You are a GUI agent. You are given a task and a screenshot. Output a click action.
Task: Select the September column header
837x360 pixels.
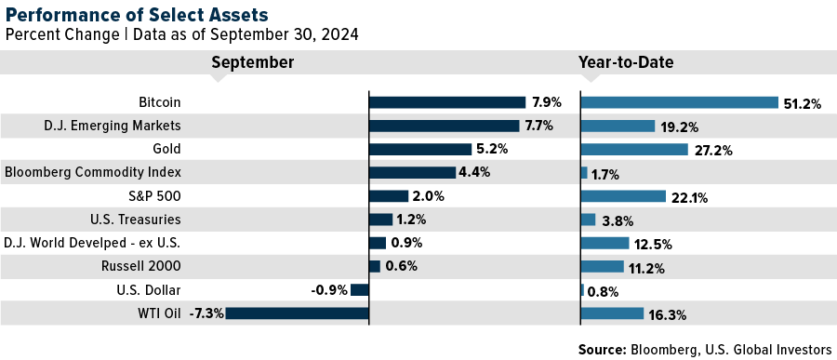coord(252,62)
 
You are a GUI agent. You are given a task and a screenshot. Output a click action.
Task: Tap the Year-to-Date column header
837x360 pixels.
coord(626,62)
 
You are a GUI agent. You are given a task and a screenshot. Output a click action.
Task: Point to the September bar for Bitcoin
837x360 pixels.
coord(447,102)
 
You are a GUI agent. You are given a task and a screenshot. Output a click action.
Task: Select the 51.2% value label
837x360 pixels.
coord(803,103)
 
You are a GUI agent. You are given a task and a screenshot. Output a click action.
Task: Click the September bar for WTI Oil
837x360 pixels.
coord(297,313)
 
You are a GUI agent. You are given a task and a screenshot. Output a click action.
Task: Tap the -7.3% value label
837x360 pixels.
coord(206,314)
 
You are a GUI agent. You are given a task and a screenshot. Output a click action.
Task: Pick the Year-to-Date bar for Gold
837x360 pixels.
coord(634,149)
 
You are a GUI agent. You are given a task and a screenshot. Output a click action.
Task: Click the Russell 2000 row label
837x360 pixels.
coord(144,266)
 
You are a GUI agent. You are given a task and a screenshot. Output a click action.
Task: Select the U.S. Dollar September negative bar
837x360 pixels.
coord(360,290)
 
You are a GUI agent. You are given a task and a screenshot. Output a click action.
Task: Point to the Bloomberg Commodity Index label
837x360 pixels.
coord(93,172)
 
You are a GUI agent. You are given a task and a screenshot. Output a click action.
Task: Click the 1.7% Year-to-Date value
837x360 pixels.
coord(606,174)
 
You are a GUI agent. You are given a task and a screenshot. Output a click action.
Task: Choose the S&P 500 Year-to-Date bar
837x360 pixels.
coord(623,196)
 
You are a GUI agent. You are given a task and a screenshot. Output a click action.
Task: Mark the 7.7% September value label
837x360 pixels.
coord(538,127)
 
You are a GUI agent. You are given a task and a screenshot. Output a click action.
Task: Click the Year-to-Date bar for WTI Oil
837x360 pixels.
coord(612,313)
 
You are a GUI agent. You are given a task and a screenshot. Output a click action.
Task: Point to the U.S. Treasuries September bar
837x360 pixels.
coord(380,220)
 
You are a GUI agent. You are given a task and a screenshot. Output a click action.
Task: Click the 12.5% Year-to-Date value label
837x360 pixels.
coord(653,245)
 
